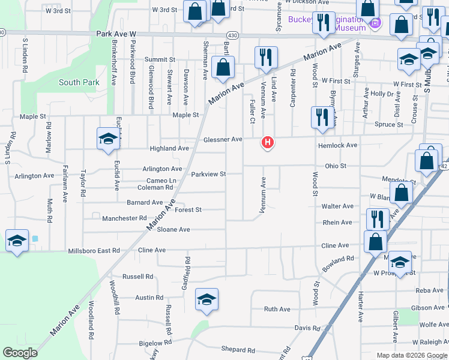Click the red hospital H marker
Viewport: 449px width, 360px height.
point(268,143)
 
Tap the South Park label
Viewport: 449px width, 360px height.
point(76,82)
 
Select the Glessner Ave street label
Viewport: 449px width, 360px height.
point(223,139)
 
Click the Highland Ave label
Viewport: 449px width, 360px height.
point(169,148)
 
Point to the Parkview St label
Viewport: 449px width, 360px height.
point(208,174)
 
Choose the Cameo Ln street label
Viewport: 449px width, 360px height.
point(161,181)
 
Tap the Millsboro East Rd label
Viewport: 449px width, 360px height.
point(94,250)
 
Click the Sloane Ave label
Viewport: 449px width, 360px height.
point(173,229)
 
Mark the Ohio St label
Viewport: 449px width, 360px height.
point(336,166)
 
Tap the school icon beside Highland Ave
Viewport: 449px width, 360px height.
point(108,139)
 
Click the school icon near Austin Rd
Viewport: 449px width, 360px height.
point(206,299)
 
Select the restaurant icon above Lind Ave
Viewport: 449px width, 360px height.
point(266,57)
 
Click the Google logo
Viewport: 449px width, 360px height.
point(20,353)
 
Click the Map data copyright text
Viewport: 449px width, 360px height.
point(411,355)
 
